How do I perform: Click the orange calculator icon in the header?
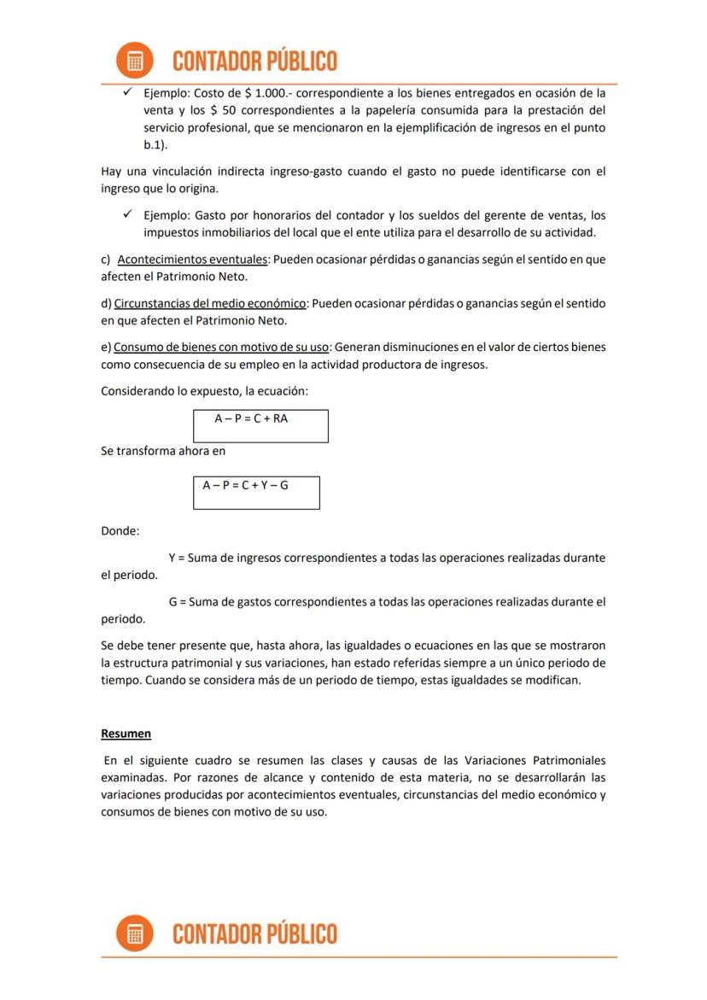coord(134,61)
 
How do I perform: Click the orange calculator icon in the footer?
coord(134,933)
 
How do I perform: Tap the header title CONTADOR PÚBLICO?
coord(254,61)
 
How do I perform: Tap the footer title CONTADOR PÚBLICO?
coord(254,934)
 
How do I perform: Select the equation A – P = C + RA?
coord(251,418)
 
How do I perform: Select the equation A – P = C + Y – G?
coord(245,485)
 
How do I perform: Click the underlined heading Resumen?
coord(126,734)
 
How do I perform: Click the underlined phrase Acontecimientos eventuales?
coord(193,259)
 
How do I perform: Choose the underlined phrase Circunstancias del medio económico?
coord(210,303)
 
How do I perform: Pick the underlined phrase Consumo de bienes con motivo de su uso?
coord(221,348)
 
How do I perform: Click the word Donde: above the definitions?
coord(120,531)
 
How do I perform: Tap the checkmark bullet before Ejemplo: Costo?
coord(127,92)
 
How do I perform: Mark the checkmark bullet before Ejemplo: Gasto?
coord(127,215)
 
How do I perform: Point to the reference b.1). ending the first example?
coord(155,145)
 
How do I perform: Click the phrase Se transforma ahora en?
coord(163,451)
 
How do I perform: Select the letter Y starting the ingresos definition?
coord(172,558)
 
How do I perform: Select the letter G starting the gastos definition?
coord(172,602)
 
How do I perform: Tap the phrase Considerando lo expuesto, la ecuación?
coord(204,391)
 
